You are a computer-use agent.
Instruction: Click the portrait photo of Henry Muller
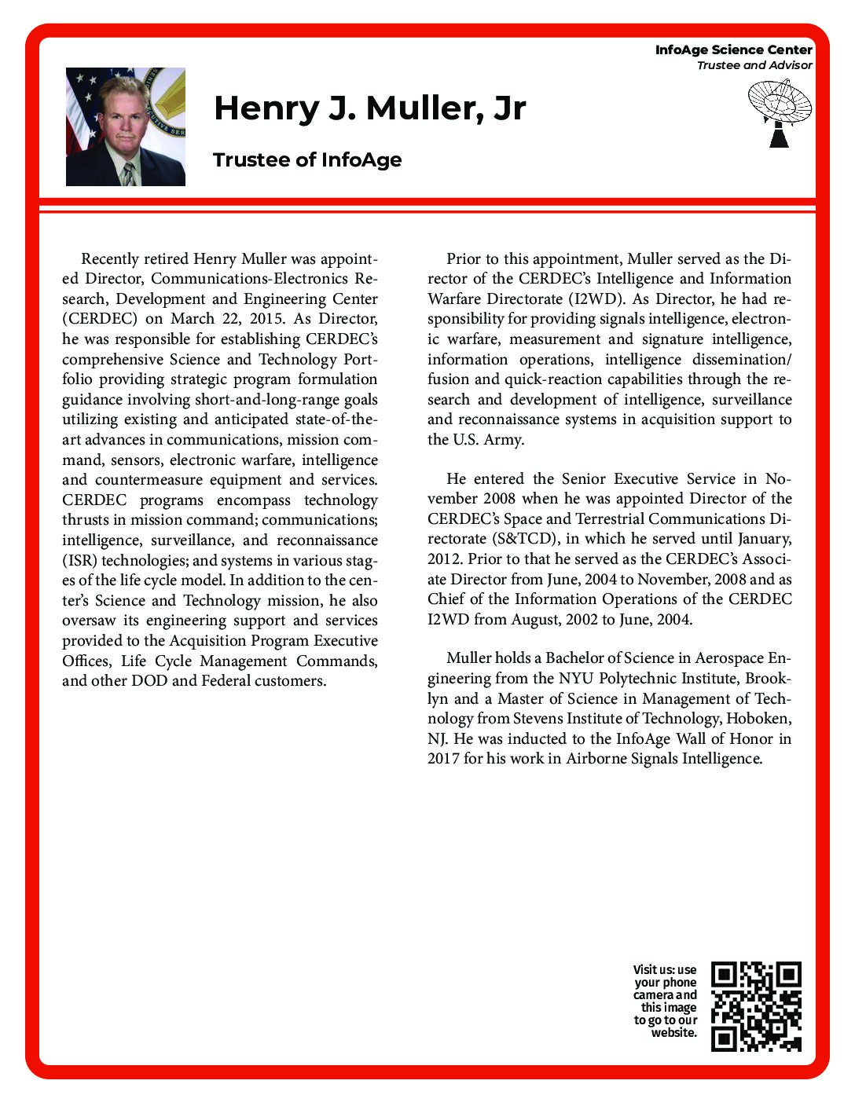click(126, 126)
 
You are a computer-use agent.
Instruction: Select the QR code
click(756, 1006)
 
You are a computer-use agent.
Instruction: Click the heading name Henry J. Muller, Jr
click(369, 108)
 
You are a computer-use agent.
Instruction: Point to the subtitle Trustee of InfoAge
click(307, 160)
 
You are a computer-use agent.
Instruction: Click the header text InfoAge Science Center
click(733, 49)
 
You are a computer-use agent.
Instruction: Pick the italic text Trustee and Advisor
click(754, 65)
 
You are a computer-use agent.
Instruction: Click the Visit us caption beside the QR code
click(665, 1001)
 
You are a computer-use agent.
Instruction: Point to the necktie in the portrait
click(127, 174)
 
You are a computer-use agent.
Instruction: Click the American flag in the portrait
click(78, 110)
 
